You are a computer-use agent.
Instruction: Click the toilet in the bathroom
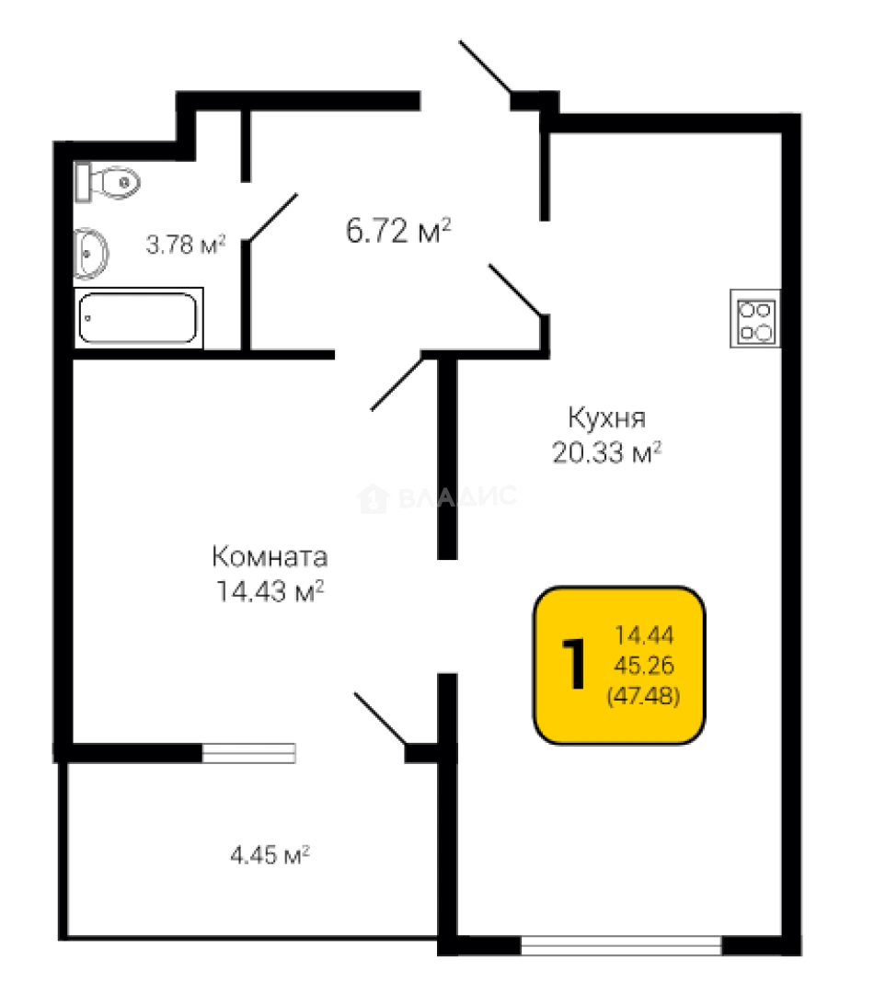(107, 183)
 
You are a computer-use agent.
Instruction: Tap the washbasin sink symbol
(91, 254)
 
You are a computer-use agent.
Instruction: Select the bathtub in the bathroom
(138, 318)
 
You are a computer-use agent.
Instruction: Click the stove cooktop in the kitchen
(755, 318)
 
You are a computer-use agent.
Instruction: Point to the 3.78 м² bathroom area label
(186, 245)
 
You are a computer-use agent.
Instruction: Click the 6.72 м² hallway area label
(398, 230)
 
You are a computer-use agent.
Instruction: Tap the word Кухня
(606, 418)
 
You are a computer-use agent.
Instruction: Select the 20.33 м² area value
(606, 452)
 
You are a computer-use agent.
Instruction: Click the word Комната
(270, 556)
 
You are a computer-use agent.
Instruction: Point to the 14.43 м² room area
(270, 591)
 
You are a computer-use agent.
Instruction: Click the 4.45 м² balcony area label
(270, 855)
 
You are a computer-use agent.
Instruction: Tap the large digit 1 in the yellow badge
(574, 664)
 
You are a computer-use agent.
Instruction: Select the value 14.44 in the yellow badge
(644, 634)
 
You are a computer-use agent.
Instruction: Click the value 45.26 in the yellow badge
(644, 665)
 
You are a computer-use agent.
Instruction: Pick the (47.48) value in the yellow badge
(644, 695)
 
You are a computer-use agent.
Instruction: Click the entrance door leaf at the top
(485, 66)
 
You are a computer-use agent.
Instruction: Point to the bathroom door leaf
(273, 217)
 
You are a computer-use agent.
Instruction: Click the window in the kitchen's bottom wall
(621, 945)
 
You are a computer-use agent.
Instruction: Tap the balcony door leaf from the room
(380, 718)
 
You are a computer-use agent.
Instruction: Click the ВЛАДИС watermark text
(457, 496)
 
